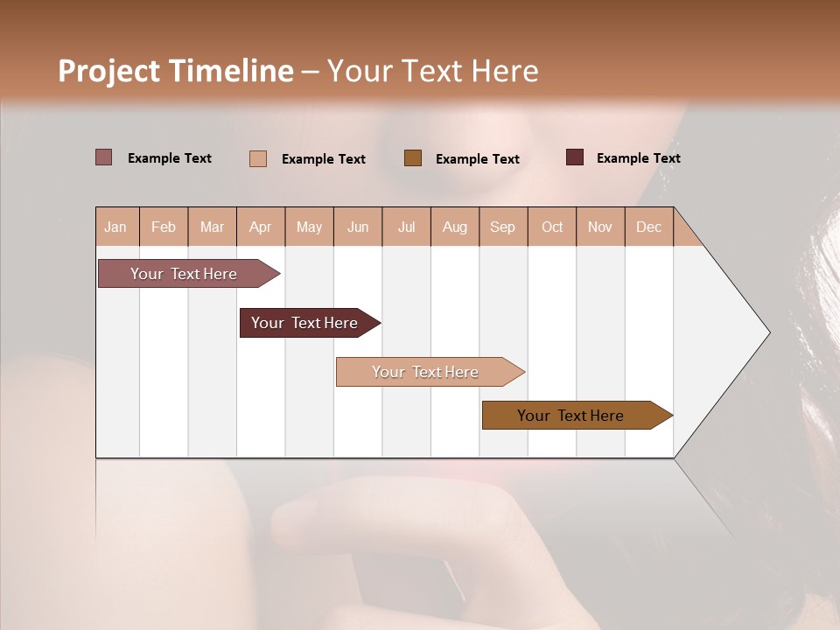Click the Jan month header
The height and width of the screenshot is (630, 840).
pyautogui.click(x=115, y=227)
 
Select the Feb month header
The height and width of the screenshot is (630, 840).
pyautogui.click(x=164, y=227)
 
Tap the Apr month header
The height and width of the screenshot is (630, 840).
pyautogui.click(x=260, y=227)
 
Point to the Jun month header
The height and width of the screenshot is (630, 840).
pyautogui.click(x=358, y=227)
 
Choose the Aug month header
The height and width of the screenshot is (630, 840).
pyautogui.click(x=454, y=227)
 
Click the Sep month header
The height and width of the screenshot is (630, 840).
pyautogui.click(x=502, y=227)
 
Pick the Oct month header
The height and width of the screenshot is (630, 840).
pyautogui.click(x=552, y=227)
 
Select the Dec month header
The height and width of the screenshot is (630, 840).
pyautogui.click(x=648, y=227)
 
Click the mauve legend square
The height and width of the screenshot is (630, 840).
pyautogui.click(x=103, y=157)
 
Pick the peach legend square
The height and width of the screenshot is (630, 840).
pyautogui.click(x=258, y=158)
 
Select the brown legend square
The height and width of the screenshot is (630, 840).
pyautogui.click(x=413, y=157)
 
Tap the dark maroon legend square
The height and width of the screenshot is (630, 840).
pyautogui.click(x=575, y=157)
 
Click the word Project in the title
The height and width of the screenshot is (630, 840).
pyautogui.click(x=109, y=71)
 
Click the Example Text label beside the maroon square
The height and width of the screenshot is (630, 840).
pyautogui.click(x=638, y=158)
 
